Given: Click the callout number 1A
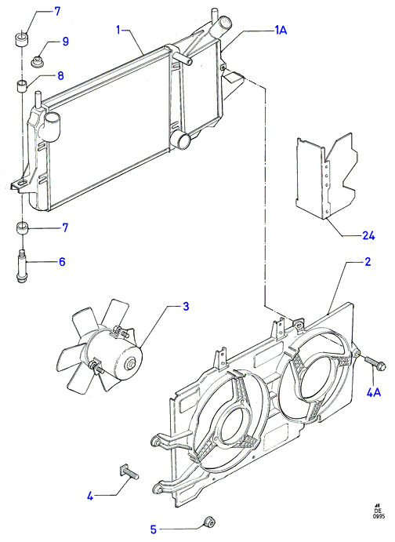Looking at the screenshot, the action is click(281, 31).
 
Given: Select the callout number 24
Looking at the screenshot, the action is click(368, 236).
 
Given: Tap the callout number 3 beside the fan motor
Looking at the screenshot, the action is click(186, 306).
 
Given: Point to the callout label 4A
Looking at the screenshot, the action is click(373, 392).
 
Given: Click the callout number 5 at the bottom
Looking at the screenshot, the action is click(154, 529).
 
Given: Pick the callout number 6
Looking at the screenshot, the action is click(62, 262).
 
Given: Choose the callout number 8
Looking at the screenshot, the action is click(60, 76).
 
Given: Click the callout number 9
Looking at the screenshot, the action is click(65, 42).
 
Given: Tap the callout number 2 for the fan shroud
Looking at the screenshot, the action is click(368, 262).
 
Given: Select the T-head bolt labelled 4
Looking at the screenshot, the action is click(129, 472).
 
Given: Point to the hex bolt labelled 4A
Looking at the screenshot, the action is click(375, 363).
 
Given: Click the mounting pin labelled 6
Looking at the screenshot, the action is click(22, 267).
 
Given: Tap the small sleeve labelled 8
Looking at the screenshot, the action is click(23, 85).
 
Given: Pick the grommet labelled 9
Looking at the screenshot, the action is click(37, 61).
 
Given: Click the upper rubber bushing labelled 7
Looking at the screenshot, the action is click(22, 39).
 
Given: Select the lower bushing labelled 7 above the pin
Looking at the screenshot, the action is click(22, 229).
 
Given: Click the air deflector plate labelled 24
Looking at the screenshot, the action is click(326, 176).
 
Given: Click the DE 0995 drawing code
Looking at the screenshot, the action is click(378, 520).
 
